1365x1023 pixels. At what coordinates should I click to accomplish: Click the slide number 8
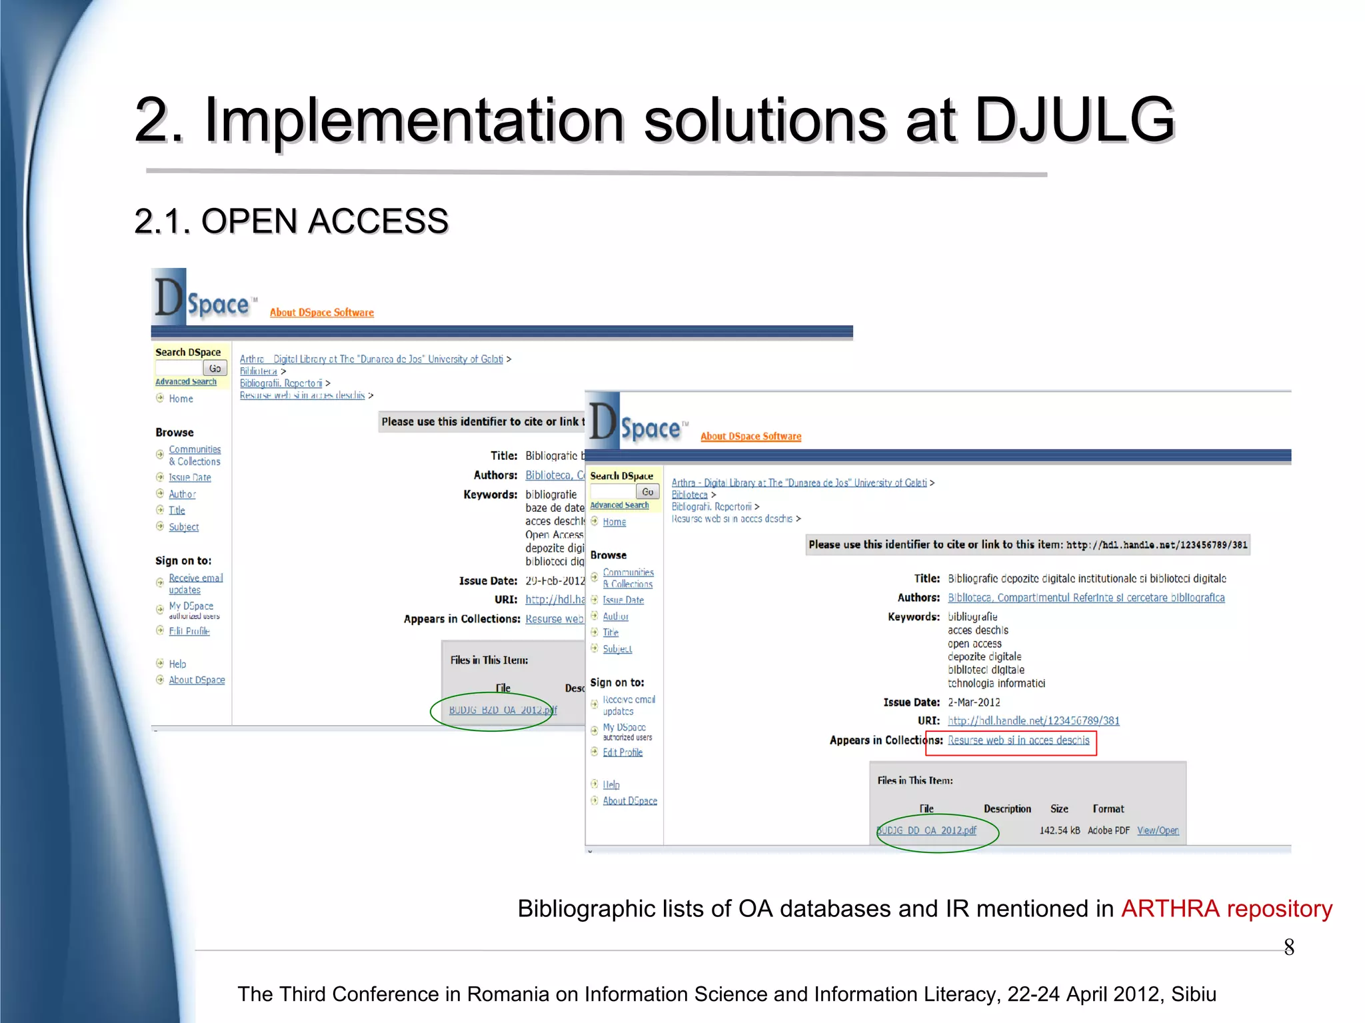1289,947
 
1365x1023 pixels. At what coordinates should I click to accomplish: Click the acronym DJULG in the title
1074,120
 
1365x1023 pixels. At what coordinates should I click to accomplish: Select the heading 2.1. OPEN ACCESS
291,221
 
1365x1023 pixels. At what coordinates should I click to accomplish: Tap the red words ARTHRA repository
1226,908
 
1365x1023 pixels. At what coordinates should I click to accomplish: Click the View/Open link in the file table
1158,830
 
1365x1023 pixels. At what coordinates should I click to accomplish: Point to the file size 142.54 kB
1059,830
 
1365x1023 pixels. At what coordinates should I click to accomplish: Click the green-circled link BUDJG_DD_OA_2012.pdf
927,830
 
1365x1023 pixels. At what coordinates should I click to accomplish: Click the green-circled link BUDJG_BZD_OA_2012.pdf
503,710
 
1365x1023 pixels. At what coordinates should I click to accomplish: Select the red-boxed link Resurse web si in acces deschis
1018,740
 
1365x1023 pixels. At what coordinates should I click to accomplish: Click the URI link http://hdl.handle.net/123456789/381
1033,720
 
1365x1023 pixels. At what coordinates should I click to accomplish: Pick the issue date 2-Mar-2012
974,702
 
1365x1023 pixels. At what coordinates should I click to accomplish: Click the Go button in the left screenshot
215,368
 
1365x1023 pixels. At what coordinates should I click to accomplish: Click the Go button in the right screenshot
647,492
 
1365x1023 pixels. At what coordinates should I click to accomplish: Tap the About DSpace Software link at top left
321,313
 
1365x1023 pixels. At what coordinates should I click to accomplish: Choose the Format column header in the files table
1108,808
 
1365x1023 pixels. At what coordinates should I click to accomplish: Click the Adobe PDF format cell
1108,830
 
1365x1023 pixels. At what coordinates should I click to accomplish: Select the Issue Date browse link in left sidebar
190,478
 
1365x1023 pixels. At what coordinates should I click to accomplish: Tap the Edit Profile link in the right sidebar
623,752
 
